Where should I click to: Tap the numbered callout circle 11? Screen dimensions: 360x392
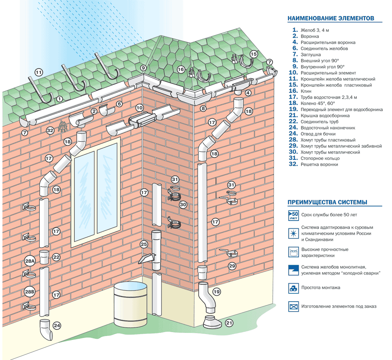point(38,72)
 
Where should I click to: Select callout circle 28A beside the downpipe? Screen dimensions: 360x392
point(30,261)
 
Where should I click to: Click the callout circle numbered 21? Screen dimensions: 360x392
point(229,323)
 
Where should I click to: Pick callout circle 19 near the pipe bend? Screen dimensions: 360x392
point(216,291)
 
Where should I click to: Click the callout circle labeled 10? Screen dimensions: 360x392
point(140,107)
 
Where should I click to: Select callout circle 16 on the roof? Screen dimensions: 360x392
point(181,70)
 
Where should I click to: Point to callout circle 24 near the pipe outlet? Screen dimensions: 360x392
point(57,325)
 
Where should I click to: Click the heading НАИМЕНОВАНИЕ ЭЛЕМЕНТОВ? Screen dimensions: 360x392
point(331,18)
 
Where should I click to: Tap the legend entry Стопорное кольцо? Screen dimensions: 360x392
point(320,158)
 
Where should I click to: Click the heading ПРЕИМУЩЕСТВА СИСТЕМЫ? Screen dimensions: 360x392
point(327,203)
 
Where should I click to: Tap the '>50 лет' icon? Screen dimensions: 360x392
point(293,215)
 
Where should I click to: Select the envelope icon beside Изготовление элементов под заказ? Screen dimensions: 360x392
point(293,307)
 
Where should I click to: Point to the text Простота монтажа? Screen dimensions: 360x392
point(321,288)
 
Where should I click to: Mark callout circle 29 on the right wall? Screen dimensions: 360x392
point(232,266)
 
